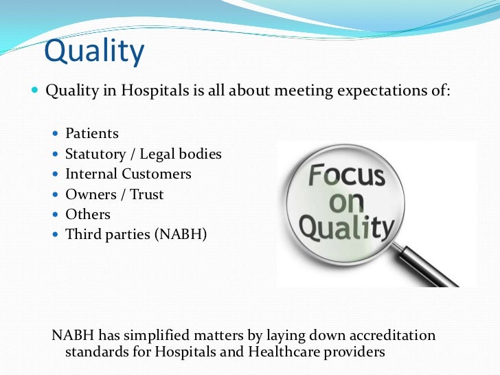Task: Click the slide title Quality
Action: click(94, 53)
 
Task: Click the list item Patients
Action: click(92, 134)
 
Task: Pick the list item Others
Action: click(88, 214)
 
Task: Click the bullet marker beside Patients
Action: click(56, 134)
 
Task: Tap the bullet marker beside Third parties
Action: click(56, 234)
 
